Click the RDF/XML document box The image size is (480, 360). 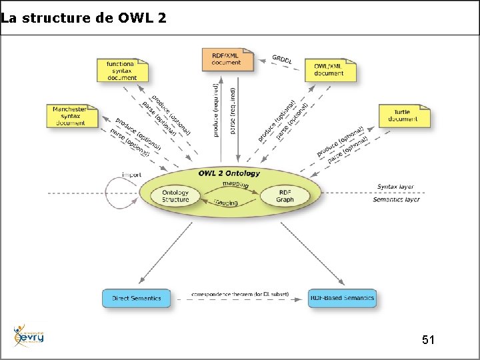[x=227, y=59]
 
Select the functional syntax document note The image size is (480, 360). [x=122, y=70]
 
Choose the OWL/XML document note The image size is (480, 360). [x=329, y=70]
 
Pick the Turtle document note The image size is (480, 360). [x=403, y=116]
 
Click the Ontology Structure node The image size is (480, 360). [x=175, y=196]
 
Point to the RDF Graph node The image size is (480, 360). [x=285, y=195]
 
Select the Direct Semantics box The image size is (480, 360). [x=136, y=298]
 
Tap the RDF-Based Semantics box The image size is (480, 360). [x=342, y=297]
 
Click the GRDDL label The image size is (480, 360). [x=281, y=59]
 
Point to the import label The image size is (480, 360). [x=131, y=175]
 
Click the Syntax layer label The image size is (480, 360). [x=395, y=187]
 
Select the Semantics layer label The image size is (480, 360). [x=396, y=199]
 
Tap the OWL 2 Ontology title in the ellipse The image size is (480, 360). [x=229, y=173]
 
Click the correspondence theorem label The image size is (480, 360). [x=239, y=293]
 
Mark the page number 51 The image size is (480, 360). [x=429, y=340]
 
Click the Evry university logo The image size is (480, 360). [x=29, y=336]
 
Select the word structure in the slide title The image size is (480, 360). [x=56, y=18]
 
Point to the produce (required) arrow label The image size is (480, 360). [x=216, y=110]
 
